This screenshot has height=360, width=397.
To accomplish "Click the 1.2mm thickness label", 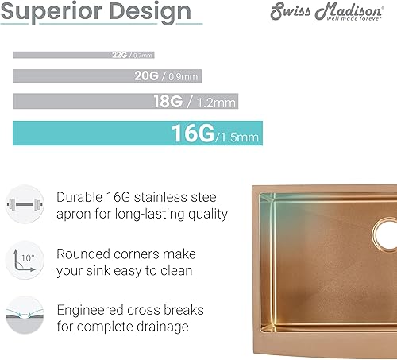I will (218, 103).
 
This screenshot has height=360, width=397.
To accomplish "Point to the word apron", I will (77, 214).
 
